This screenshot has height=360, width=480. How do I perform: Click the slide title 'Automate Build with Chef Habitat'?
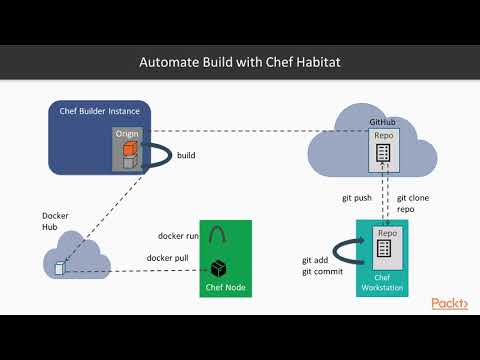point(240,62)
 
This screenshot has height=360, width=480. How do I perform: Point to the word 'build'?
point(186,155)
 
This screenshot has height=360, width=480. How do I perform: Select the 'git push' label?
point(356,198)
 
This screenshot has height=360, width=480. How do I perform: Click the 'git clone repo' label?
point(413,204)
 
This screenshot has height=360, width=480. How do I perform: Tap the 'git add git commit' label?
point(315,266)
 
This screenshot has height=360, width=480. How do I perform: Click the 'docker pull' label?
point(169,257)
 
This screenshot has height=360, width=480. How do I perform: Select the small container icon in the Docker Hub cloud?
point(61,268)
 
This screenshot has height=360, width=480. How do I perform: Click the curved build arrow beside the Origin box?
point(158,156)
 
